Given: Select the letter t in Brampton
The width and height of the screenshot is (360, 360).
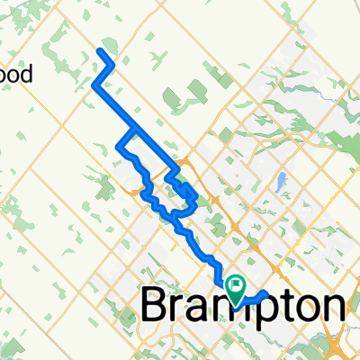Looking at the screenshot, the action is coord(288,306).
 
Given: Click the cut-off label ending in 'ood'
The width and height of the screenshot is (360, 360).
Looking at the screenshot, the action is coord(16,74).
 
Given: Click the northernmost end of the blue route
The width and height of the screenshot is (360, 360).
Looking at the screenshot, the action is coord(99,52).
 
